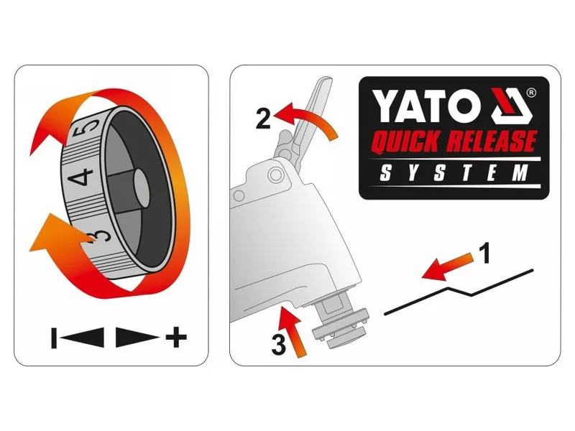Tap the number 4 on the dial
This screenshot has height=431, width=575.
pos(80,177)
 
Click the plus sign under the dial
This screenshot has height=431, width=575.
pos(176,337)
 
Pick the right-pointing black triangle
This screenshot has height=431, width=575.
pos(137,337)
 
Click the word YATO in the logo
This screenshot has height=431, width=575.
pos(428,106)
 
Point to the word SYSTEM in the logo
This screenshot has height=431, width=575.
pos(454,172)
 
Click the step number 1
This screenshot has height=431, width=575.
pos(484,253)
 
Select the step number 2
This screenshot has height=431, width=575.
pos(264,119)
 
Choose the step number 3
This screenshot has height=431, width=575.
pos(279,345)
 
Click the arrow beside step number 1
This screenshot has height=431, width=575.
pos(447,267)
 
